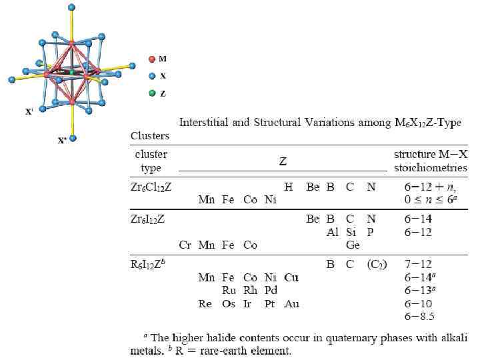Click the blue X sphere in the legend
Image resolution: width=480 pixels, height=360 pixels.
(152, 77)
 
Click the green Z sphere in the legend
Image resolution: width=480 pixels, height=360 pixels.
(152, 94)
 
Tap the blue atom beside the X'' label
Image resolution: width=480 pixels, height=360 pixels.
(73, 139)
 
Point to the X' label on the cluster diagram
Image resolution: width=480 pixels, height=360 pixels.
(30, 111)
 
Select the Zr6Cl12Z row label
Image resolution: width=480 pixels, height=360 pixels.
(152, 187)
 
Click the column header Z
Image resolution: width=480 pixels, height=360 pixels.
(283, 161)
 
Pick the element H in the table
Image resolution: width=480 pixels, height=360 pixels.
(289, 187)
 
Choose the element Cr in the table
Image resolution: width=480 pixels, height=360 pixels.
(186, 245)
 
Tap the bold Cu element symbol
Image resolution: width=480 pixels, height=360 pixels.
(291, 277)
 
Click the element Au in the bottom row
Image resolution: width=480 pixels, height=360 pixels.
(291, 303)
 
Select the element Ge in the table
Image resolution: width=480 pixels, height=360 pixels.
(353, 245)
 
